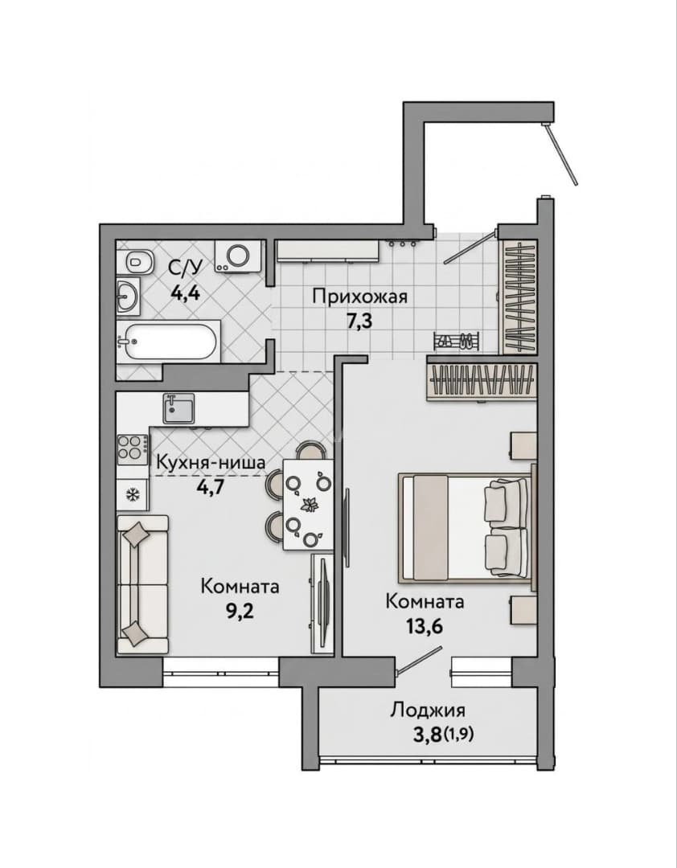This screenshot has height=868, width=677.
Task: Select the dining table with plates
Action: [x=307, y=505]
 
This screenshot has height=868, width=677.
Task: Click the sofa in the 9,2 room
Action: [x=142, y=584]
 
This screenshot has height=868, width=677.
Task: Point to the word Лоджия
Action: [x=427, y=710]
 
